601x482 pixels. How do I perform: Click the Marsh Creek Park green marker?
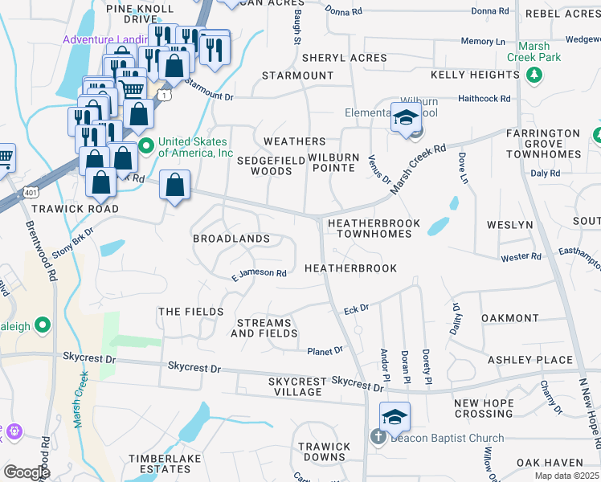[x=533, y=75]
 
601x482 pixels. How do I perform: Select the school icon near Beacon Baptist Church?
[x=395, y=418]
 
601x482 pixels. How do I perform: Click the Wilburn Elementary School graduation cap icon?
[x=406, y=117]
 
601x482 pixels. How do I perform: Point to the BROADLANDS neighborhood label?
[x=231, y=239]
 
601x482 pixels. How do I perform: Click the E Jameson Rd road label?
[x=259, y=273]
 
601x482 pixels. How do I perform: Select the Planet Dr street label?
[x=325, y=350]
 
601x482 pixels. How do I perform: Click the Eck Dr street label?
[x=356, y=308]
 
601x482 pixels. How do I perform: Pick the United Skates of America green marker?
[x=145, y=145]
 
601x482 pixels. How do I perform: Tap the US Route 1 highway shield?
[x=165, y=95]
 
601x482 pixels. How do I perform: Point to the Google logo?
[x=27, y=472]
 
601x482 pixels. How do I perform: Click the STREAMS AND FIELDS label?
[x=265, y=328]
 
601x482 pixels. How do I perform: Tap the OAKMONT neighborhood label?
[x=509, y=318]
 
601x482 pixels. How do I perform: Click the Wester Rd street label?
[x=521, y=257]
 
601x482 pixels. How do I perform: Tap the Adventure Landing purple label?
[x=104, y=39]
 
